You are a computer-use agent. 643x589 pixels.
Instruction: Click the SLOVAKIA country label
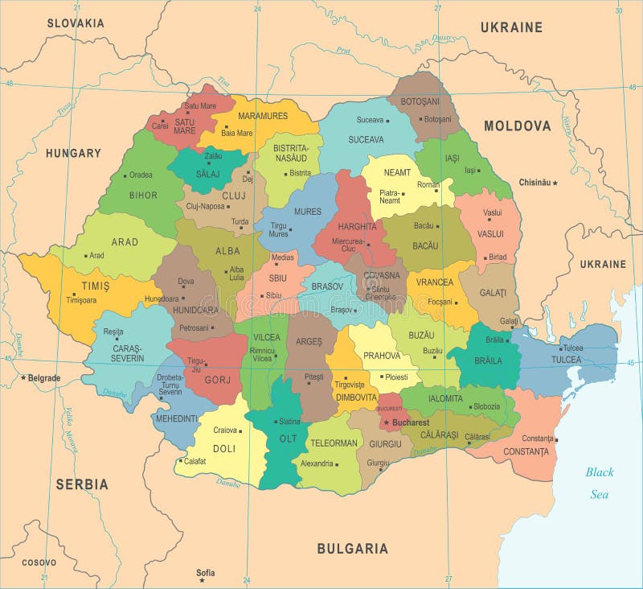pos(76,23)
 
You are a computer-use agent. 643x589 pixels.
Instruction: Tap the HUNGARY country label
pos(73,153)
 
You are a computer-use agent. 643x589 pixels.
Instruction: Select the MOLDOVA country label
pos(517,126)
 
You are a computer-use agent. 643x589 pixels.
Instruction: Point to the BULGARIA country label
pos(352,549)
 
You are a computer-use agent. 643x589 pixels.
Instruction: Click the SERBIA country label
pos(82,484)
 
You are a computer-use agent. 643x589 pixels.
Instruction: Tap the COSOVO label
pos(39,562)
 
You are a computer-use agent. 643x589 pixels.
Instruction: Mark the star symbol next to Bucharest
pos(386,422)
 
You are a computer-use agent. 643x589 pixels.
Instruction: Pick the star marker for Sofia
pos(202,579)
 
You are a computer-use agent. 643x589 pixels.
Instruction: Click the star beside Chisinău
pos(555,183)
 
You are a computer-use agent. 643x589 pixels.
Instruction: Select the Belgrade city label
pos(44,377)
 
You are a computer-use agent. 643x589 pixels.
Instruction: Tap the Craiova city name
pos(225,430)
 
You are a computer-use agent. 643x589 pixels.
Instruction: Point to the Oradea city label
pos(141,175)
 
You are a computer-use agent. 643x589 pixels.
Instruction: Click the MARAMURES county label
pos(263,116)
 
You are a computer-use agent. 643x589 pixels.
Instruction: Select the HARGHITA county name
pos(357,227)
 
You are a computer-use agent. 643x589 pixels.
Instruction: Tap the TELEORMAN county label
pos(334,443)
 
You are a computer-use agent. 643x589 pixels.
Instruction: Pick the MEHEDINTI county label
pos(174,418)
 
